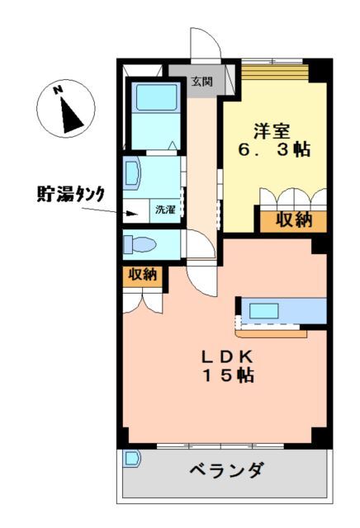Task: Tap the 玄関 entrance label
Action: pos(201,81)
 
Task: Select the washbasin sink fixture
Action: pos(134,175)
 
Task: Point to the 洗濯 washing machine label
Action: pos(165,210)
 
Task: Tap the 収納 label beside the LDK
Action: pos(142,276)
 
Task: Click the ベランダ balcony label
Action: pos(226,470)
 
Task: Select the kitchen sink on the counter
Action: pos(266,311)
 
